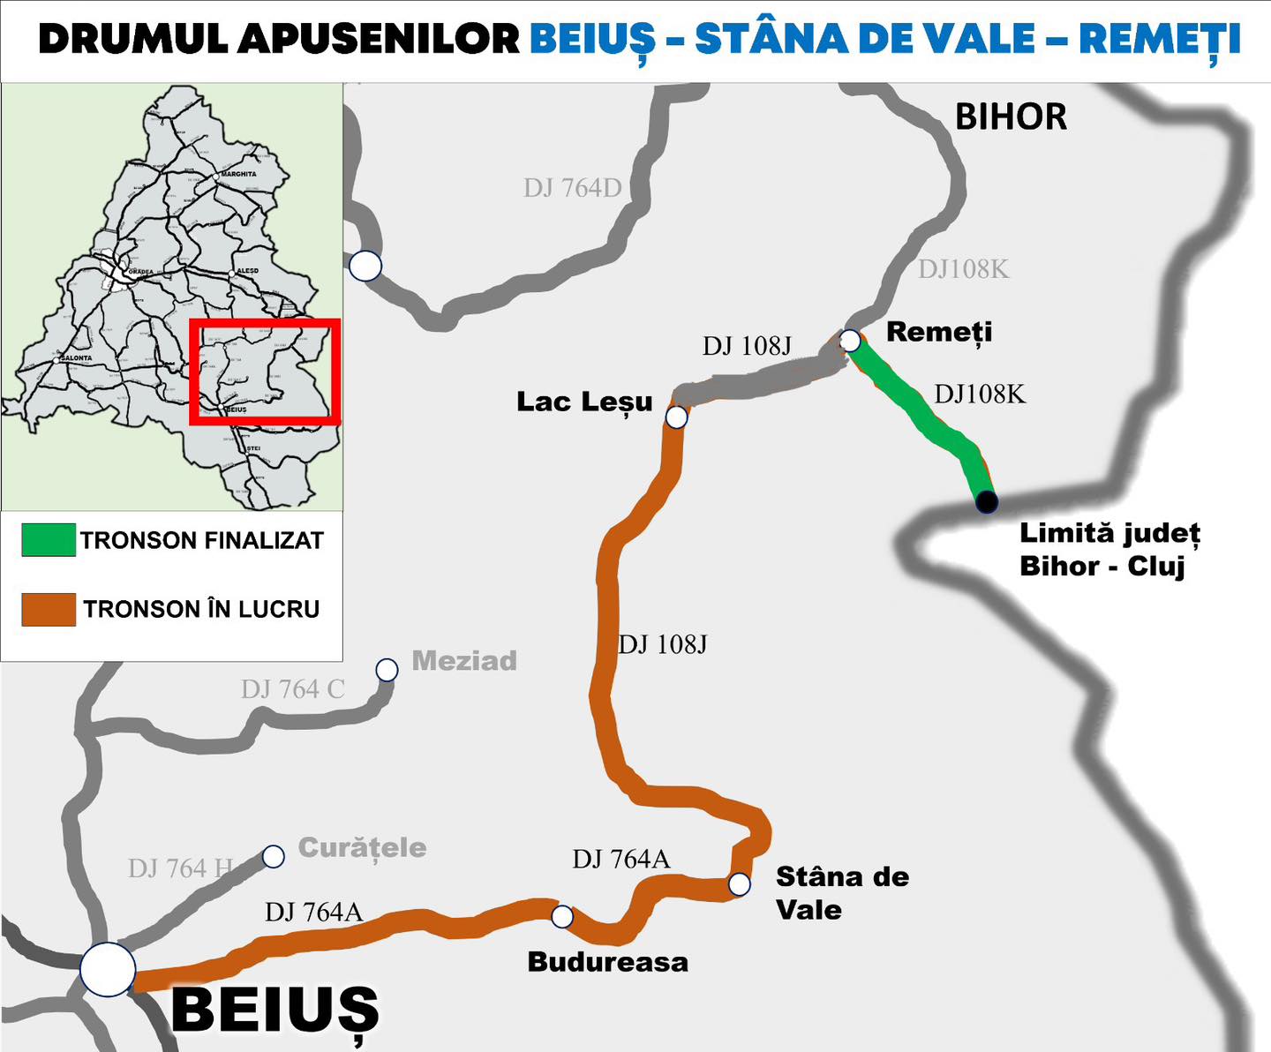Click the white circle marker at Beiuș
108,969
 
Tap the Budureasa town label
607,962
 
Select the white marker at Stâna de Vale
740,883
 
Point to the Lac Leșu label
584,402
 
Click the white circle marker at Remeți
850,340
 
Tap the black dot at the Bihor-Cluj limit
987,502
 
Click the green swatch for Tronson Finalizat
49,540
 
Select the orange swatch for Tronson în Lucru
49,609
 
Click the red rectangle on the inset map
265,322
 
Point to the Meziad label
464,661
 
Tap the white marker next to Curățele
274,856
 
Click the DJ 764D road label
572,188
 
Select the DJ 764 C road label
292,689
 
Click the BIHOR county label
1011,117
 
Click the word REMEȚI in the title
1160,39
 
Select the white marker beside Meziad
387,670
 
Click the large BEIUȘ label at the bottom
275,1011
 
